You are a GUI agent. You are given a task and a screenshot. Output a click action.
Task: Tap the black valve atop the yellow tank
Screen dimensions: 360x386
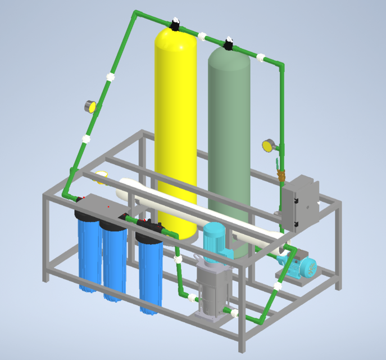[x=176, y=24]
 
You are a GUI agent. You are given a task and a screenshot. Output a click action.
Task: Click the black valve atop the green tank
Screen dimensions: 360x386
[x=229, y=43]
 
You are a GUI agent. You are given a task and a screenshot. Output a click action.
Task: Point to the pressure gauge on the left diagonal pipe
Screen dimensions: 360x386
[x=90, y=106]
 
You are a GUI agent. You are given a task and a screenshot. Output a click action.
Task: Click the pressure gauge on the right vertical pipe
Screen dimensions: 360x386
[x=267, y=146]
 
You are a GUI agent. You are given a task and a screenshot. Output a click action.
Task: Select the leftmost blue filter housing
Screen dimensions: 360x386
[x=88, y=253]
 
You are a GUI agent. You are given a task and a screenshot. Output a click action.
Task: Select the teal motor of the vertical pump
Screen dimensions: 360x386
[x=215, y=242]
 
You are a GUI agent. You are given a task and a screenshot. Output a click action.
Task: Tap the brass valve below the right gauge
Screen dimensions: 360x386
[x=281, y=175]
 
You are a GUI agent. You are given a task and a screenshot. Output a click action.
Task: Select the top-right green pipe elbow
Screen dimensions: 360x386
[x=280, y=64]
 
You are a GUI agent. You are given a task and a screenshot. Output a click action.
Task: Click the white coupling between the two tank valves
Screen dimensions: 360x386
[x=202, y=35]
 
